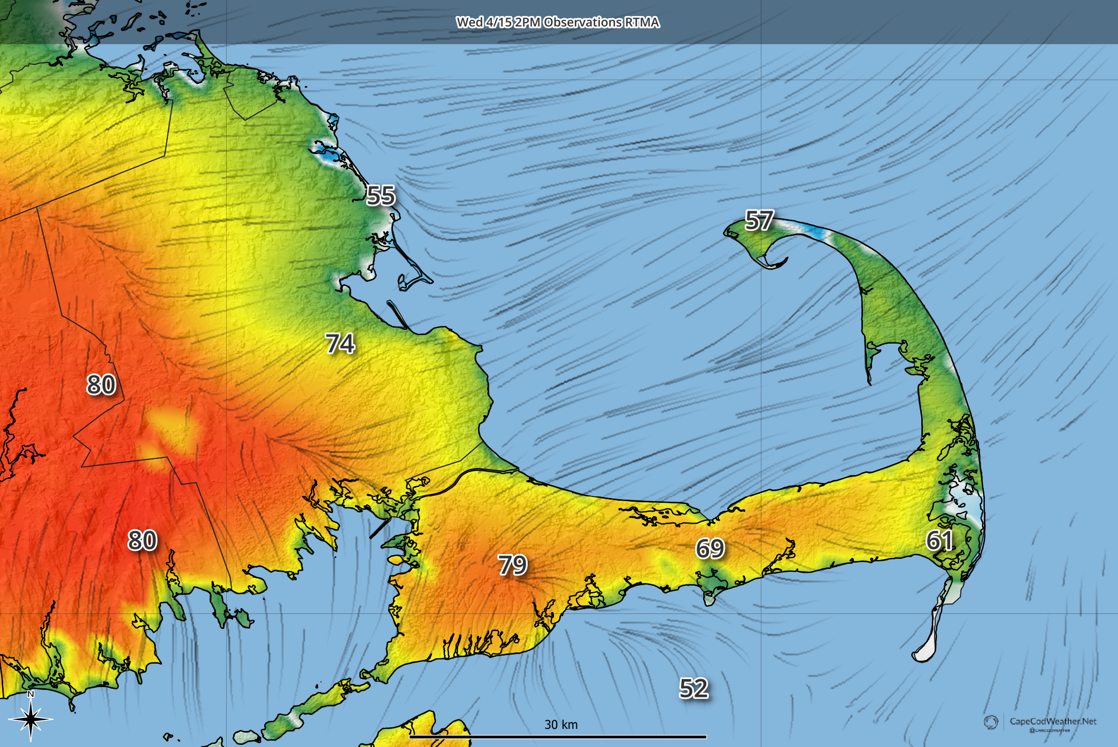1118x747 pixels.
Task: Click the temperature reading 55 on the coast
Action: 381,196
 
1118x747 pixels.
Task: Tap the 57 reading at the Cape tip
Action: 759,221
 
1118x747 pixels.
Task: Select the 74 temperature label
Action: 340,344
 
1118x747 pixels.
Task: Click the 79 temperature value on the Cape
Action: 512,565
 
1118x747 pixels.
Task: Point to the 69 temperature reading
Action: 710,548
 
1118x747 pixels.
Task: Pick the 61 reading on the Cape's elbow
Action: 939,541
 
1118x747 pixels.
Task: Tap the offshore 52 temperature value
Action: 693,688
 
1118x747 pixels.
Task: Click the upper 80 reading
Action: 101,385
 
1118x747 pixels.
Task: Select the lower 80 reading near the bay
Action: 142,540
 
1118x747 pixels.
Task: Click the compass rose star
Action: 31,719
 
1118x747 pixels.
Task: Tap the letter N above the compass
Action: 30,695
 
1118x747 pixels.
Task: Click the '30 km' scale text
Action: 561,725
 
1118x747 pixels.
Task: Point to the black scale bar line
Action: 558,737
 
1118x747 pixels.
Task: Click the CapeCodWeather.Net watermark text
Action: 1052,721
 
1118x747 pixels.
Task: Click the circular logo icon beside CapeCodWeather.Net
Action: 991,722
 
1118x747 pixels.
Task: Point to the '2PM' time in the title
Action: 527,22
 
